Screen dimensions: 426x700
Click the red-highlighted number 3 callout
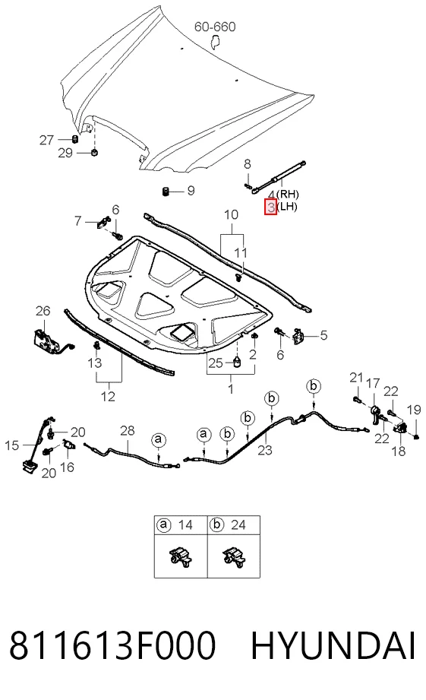(x=271, y=207)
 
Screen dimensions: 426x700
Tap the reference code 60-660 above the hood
(x=215, y=27)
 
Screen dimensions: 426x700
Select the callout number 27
(x=46, y=140)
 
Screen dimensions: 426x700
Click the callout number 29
(x=65, y=153)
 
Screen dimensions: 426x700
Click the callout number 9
(x=191, y=191)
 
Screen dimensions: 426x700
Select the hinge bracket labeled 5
(x=298, y=336)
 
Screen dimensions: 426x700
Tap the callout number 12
(x=108, y=397)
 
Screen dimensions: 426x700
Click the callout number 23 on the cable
(x=265, y=449)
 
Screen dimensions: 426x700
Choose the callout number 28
(x=127, y=430)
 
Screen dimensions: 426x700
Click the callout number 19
(x=414, y=410)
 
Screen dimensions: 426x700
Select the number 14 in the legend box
(x=185, y=524)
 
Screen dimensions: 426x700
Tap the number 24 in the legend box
(x=238, y=524)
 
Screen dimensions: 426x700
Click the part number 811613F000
(x=112, y=645)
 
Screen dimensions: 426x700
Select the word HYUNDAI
(x=333, y=645)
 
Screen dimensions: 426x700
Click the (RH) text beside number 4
(x=288, y=195)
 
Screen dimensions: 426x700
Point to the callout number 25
(x=215, y=363)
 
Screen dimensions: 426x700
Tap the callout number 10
(x=231, y=215)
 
